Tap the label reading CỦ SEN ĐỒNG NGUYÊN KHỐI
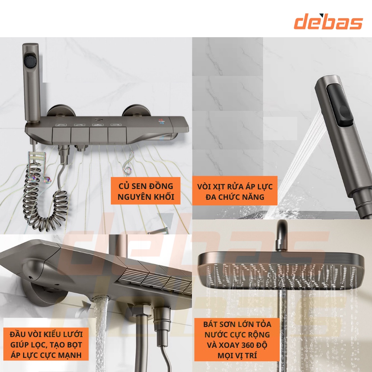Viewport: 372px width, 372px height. [x=146, y=191]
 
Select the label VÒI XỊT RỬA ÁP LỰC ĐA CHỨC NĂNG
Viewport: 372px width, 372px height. [x=235, y=191]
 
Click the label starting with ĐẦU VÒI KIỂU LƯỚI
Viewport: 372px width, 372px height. [x=46, y=345]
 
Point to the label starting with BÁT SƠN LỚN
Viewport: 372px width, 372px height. [x=237, y=340]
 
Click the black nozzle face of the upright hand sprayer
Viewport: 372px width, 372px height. [x=31, y=61]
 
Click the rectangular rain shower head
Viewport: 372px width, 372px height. [x=281, y=270]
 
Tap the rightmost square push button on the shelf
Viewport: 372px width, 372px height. [x=117, y=136]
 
